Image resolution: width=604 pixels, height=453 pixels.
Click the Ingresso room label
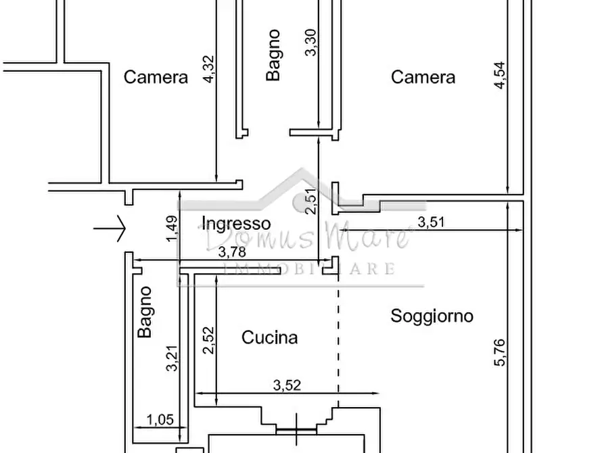click(237, 224)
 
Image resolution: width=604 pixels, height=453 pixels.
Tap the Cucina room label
click(270, 337)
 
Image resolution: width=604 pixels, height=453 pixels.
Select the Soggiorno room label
click(432, 316)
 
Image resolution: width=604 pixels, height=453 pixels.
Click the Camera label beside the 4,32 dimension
click(156, 77)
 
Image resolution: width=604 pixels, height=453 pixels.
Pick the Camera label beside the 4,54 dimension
click(423, 77)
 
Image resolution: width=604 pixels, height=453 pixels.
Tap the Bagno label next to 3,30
click(273, 54)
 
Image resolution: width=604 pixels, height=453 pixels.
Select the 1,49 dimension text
click(172, 229)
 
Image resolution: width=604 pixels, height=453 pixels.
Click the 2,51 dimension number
click(310, 201)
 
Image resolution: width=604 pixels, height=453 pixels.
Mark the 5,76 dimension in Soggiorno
click(500, 352)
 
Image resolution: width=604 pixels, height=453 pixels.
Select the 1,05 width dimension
click(160, 420)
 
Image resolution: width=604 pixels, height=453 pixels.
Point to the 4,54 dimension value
click(500, 74)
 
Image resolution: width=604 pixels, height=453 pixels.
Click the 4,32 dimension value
click(209, 68)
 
